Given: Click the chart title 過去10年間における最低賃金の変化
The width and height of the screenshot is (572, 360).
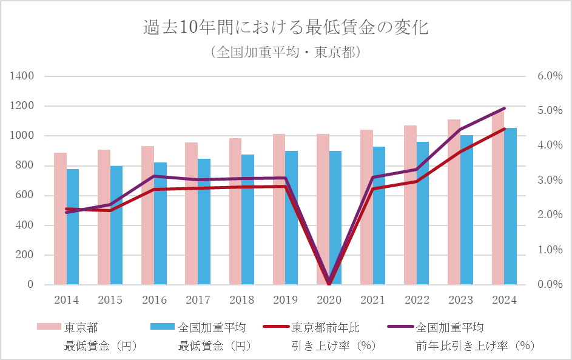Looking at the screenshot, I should coord(286,28).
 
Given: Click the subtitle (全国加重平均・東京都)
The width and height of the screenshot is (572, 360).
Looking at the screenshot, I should coord(286,52).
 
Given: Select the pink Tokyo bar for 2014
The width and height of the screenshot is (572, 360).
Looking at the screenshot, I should coord(60,218).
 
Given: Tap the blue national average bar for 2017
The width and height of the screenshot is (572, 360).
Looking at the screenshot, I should coord(204,222).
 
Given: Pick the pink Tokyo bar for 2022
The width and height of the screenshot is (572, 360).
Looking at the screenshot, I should coord(410,206).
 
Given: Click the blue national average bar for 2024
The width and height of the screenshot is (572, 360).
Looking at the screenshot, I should coord(510,206).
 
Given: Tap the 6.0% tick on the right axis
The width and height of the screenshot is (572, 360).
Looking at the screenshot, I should coord(550,76).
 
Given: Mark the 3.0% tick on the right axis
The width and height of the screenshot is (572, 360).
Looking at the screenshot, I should coord(550,181).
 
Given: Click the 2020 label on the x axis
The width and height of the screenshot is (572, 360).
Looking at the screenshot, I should coord(329,300).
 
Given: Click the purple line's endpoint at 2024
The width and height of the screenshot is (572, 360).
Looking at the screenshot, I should coord(504,108).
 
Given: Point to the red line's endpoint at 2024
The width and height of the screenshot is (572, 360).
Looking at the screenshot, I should coord(504,129).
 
